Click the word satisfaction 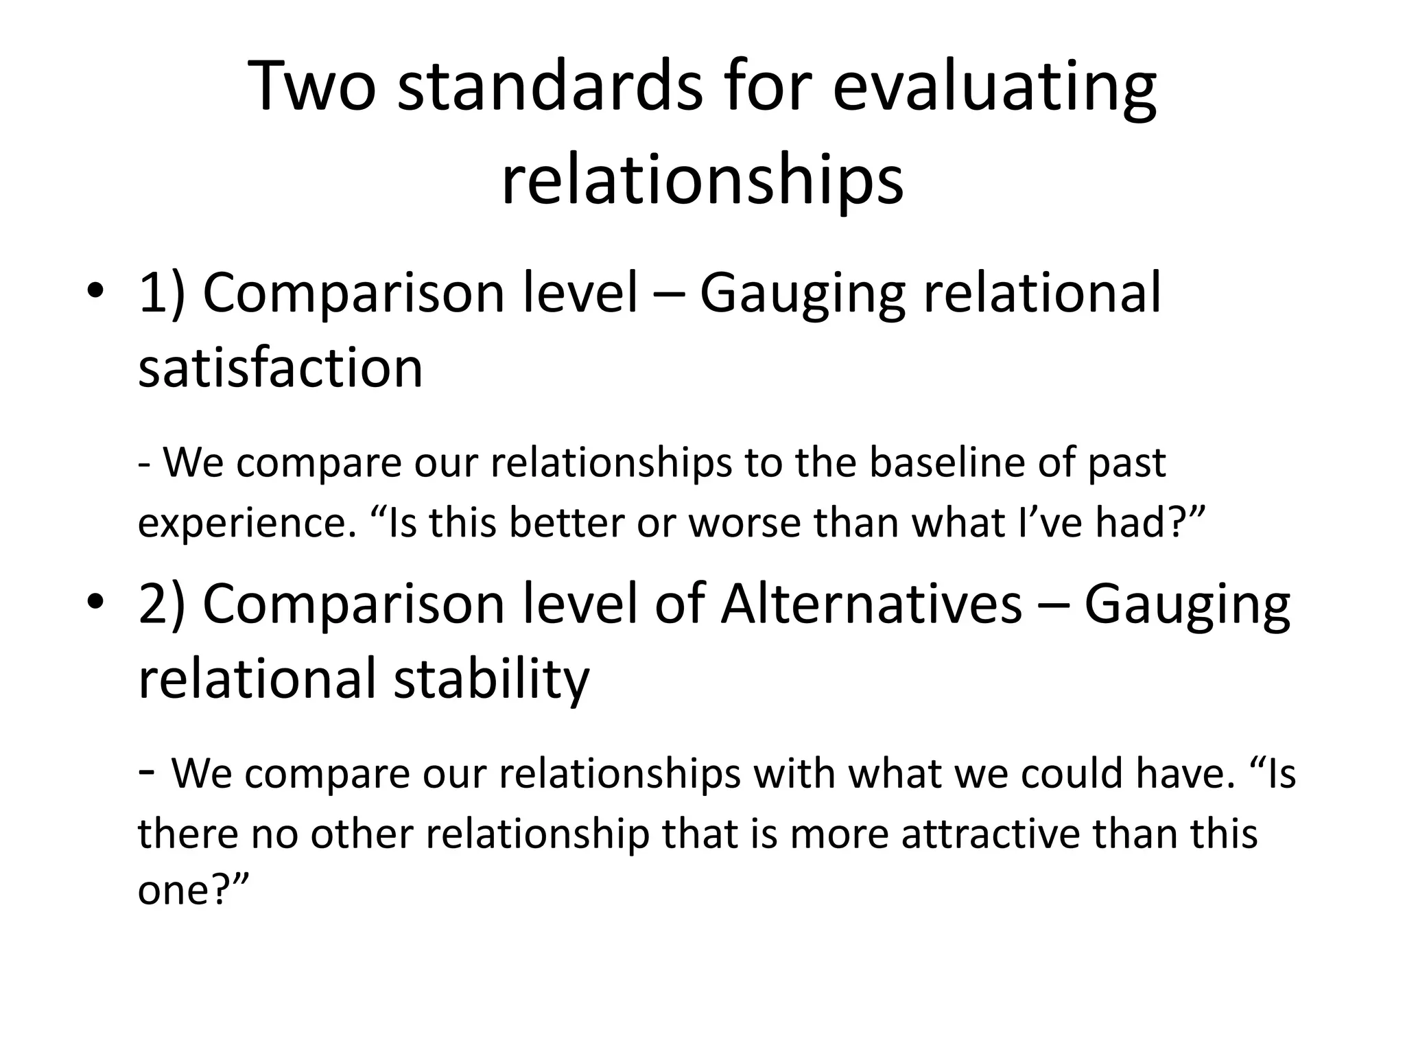coord(281,368)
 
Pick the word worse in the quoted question coord(744,523)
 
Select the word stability coord(492,679)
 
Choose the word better coord(567,523)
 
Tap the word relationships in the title coord(702,181)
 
